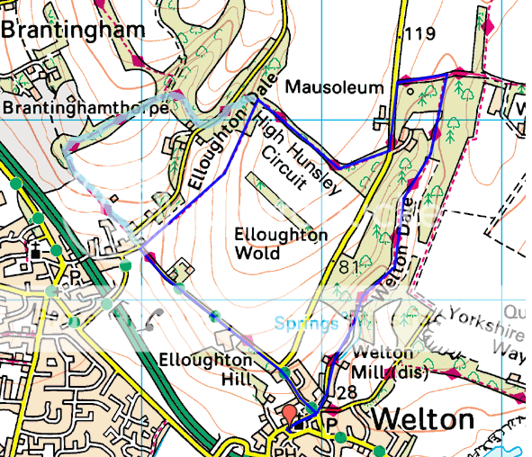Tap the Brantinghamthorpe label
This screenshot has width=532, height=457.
[x=86, y=108]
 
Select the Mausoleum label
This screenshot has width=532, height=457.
[x=335, y=86]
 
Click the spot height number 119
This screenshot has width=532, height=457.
[x=419, y=34]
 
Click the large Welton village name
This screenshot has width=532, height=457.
[x=422, y=420]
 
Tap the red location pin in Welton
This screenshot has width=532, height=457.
[x=289, y=415]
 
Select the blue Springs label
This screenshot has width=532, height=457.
[x=306, y=323]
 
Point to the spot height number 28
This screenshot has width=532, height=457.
[x=347, y=392]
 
